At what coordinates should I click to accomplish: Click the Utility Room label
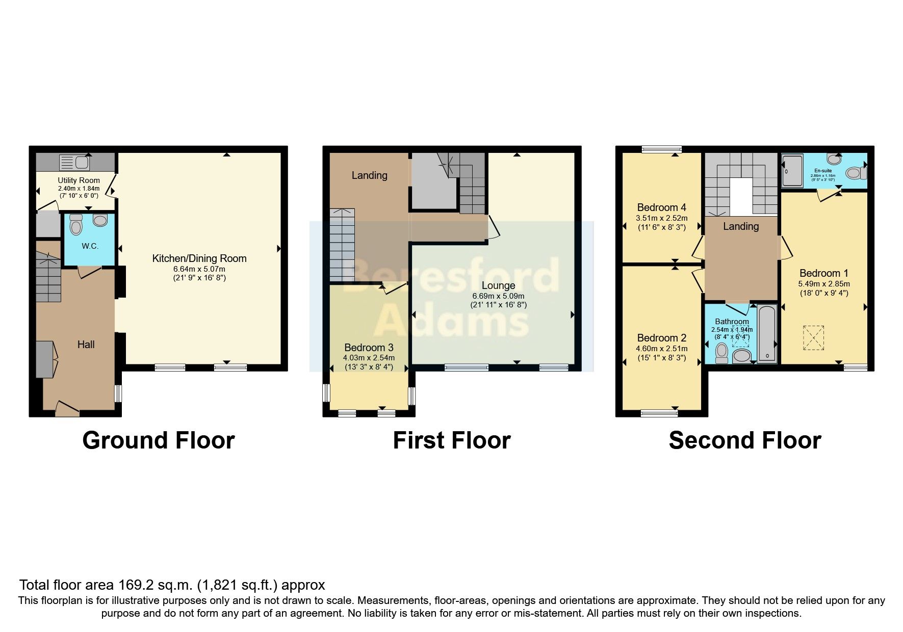tap(79, 180)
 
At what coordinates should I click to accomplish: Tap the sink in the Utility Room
tap(74, 163)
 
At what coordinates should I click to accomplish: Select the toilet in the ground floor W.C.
tap(76, 225)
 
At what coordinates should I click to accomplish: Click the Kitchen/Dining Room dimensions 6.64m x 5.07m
tap(199, 269)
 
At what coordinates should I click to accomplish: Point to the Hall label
tap(86, 345)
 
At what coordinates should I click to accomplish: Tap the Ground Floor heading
tap(158, 440)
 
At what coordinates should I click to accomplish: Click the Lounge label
tap(498, 285)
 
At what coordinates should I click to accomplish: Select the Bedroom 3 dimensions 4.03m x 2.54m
tap(369, 358)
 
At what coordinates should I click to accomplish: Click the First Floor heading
tap(451, 440)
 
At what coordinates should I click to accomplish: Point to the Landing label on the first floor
tap(369, 175)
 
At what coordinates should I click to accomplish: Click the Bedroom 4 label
tap(661, 207)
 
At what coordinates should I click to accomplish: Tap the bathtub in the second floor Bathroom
tap(767, 334)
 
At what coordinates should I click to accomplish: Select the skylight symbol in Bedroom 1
tap(813, 337)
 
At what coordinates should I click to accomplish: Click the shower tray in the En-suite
tap(792, 171)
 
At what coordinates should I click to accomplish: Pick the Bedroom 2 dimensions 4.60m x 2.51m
tap(661, 349)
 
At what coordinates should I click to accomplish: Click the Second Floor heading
tap(744, 440)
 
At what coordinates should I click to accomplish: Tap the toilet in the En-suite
tap(855, 173)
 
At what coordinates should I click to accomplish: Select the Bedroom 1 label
tap(823, 273)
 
